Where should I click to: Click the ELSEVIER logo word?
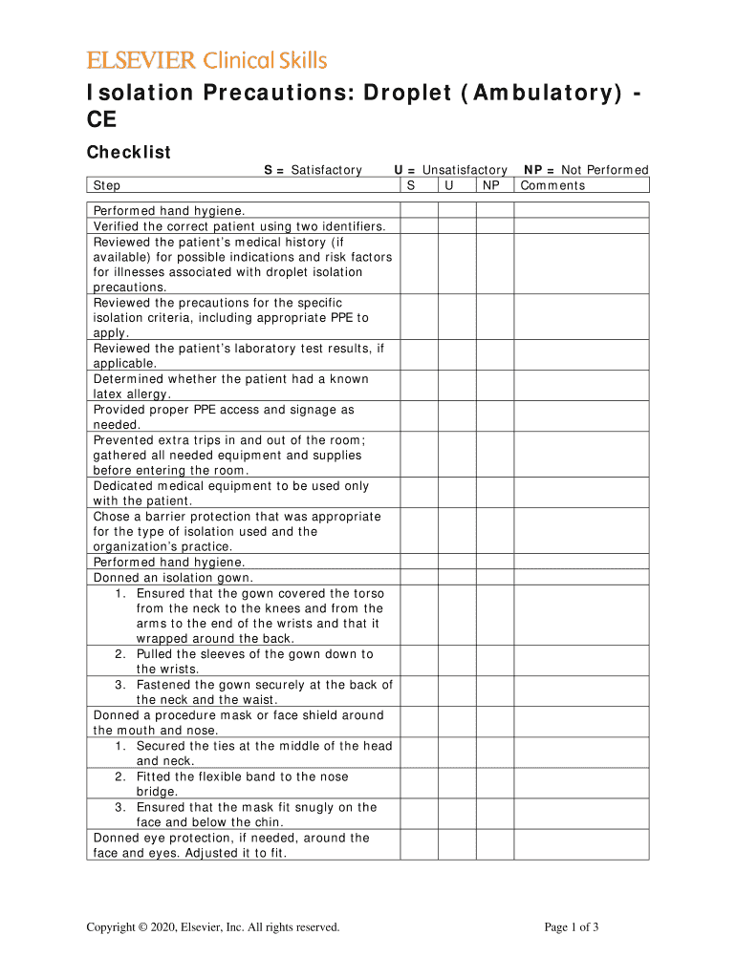click(x=142, y=61)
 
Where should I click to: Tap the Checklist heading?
click(x=129, y=153)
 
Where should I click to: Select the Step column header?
click(x=107, y=185)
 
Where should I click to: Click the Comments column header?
click(x=552, y=185)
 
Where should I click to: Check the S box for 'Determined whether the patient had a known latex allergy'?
click(x=419, y=387)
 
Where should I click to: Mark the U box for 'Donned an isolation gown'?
click(x=457, y=578)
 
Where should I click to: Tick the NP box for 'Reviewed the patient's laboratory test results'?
click(x=495, y=356)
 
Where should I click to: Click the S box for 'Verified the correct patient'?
click(x=419, y=226)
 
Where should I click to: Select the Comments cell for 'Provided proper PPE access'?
click(x=581, y=417)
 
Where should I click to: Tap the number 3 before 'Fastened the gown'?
click(x=119, y=685)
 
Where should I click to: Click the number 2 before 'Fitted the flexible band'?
click(x=119, y=776)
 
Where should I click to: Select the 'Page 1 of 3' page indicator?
click(x=572, y=927)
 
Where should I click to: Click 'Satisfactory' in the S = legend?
click(x=327, y=170)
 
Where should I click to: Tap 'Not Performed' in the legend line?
click(x=605, y=170)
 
